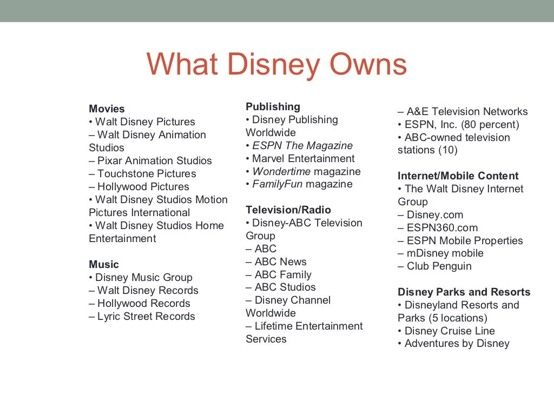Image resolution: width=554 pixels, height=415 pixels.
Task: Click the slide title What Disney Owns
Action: (276, 64)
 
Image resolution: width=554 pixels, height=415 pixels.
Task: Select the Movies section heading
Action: (107, 109)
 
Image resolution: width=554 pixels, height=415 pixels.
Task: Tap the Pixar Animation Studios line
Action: (150, 160)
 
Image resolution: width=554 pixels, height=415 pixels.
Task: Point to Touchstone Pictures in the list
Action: (142, 173)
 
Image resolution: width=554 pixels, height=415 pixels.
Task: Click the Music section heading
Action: (104, 264)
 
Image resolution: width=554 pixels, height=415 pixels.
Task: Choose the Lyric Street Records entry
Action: (142, 316)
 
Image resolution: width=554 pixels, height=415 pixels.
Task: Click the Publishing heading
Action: (273, 106)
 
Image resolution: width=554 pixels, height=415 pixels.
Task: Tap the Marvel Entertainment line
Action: (300, 158)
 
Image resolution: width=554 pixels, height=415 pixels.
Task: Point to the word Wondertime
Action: (281, 171)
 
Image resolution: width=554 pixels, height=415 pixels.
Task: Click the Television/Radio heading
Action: (288, 210)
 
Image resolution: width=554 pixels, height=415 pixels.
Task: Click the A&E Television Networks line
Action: (463, 111)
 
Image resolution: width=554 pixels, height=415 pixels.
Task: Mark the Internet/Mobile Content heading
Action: (458, 176)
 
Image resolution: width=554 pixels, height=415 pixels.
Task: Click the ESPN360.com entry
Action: (438, 227)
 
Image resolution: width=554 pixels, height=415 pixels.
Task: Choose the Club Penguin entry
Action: (434, 266)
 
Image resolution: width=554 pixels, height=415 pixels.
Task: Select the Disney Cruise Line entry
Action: (446, 331)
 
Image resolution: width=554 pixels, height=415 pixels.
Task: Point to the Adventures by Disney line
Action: (453, 344)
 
